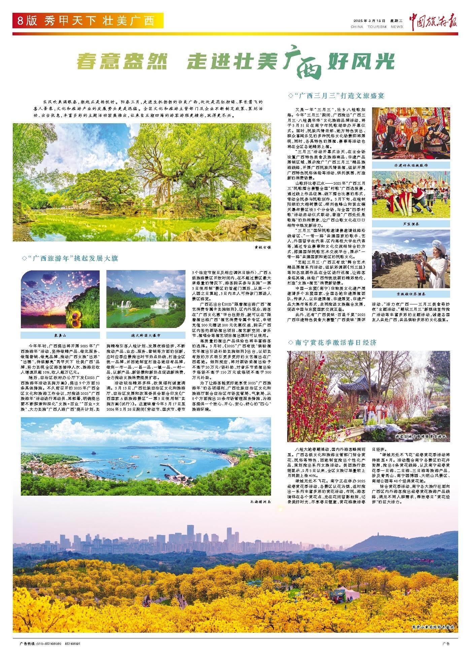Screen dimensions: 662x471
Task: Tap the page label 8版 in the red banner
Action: point(28,21)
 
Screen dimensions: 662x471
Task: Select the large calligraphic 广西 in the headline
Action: point(304,62)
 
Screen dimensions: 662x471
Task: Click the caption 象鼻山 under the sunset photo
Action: point(60,335)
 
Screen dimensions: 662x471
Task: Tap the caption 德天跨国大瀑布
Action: point(145,335)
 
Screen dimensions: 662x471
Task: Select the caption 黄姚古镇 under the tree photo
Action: point(262,247)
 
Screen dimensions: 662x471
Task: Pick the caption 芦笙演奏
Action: point(411,223)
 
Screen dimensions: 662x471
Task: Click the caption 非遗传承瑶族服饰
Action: point(411,165)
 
